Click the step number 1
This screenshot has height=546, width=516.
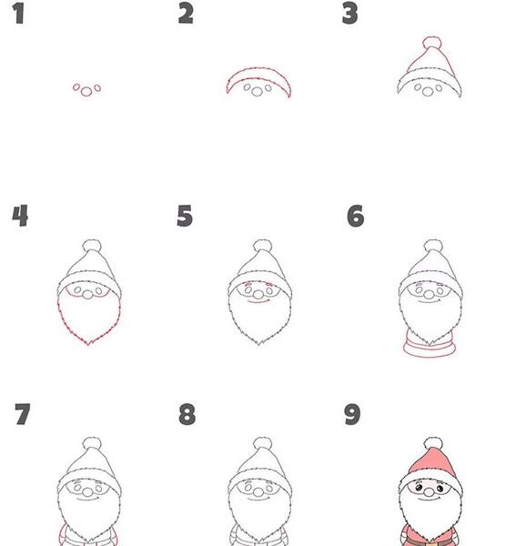pyautogui.click(x=19, y=15)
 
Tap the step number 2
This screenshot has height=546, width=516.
pyautogui.click(x=186, y=15)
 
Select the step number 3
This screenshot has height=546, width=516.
pyautogui.click(x=350, y=15)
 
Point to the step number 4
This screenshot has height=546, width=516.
pyautogui.click(x=20, y=216)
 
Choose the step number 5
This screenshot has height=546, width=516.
pyautogui.click(x=185, y=216)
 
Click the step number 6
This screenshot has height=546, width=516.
pyautogui.click(x=356, y=216)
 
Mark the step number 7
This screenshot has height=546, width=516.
pyautogui.click(x=23, y=414)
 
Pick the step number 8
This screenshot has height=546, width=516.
pyautogui.click(x=187, y=414)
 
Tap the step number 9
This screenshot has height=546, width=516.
pyautogui.click(x=352, y=414)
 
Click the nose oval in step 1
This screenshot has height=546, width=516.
pyautogui.click(x=86, y=92)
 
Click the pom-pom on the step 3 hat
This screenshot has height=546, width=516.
pyautogui.click(x=432, y=43)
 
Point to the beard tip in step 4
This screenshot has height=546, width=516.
pyautogui.click(x=88, y=344)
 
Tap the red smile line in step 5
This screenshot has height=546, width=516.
pyautogui.click(x=258, y=301)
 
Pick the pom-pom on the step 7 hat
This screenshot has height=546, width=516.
pyautogui.click(x=92, y=444)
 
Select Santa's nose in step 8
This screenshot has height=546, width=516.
pyautogui.click(x=258, y=492)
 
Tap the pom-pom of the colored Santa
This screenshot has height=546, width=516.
pyautogui.click(x=433, y=444)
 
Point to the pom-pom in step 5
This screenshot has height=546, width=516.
pyautogui.click(x=262, y=246)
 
